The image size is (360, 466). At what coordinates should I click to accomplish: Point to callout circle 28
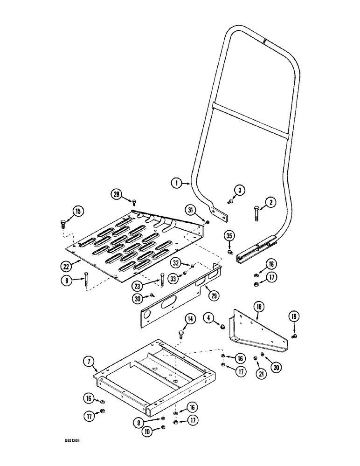click(x=116, y=193)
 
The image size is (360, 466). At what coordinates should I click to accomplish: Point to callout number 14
click(x=190, y=319)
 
